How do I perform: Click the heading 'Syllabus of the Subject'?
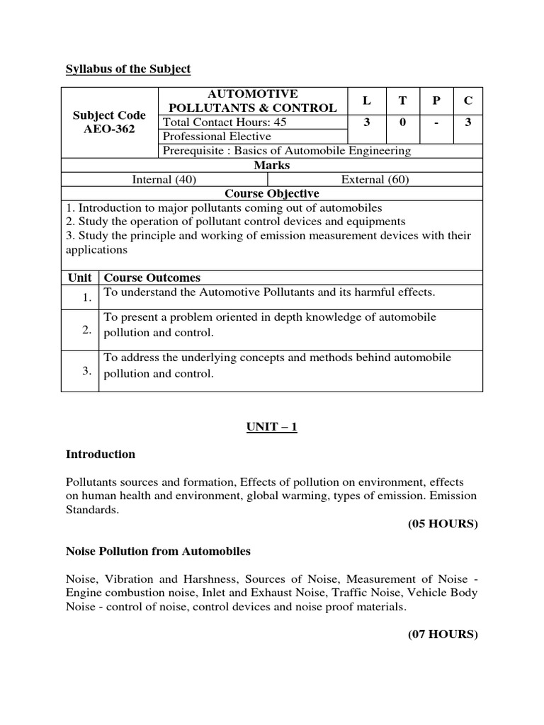[x=128, y=69]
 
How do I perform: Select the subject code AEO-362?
[x=110, y=129]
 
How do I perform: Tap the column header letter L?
[x=366, y=101]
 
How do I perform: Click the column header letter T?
[x=402, y=101]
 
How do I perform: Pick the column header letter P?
[x=436, y=101]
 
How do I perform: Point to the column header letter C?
[x=467, y=101]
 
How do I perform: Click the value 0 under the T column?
[x=402, y=122]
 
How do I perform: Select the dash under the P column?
[x=436, y=122]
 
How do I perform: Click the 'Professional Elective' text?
[x=217, y=137]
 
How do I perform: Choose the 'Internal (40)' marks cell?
[x=164, y=180]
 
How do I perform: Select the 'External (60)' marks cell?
[x=375, y=180]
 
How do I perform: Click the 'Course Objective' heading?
[x=272, y=194]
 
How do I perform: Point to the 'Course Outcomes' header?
[x=152, y=278]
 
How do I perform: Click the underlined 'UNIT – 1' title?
[x=272, y=428]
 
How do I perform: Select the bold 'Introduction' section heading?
[x=101, y=455]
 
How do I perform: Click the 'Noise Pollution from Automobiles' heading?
[x=158, y=551]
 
